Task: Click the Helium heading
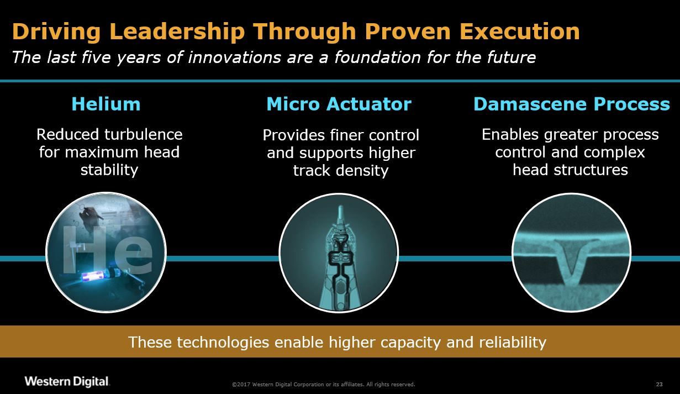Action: click(x=106, y=104)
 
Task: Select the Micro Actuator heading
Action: click(x=339, y=104)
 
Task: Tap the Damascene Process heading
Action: click(x=572, y=104)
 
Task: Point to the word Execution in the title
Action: click(x=520, y=31)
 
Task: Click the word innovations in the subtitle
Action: click(x=234, y=57)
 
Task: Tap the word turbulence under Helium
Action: click(x=143, y=134)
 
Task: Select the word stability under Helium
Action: click(x=109, y=170)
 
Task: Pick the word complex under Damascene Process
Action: click(x=614, y=153)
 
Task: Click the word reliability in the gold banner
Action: click(x=513, y=343)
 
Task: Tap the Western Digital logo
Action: click(x=67, y=381)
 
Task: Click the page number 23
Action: click(x=660, y=384)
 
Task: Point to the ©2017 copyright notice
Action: click(x=324, y=384)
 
